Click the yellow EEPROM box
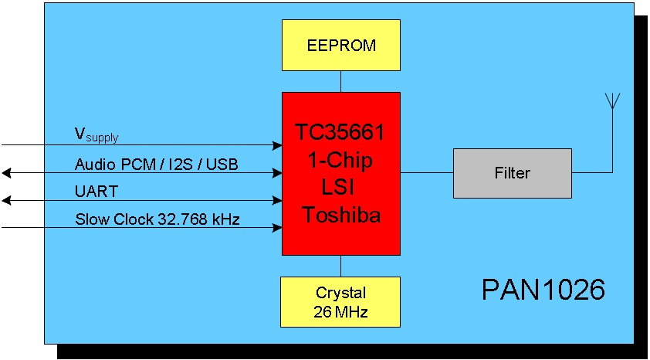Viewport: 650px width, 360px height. click(340, 45)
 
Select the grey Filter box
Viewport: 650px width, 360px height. click(512, 172)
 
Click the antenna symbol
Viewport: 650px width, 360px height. click(612, 102)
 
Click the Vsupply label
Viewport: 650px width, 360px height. click(96, 135)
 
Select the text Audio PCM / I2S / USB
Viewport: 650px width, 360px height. click(156, 164)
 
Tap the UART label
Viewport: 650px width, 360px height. click(96, 191)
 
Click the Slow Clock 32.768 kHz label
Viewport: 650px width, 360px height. click(157, 219)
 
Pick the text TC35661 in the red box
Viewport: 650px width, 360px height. click(340, 133)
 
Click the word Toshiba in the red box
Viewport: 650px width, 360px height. click(340, 215)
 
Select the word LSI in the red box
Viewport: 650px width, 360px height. click(340, 188)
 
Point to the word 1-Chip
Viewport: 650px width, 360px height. click(340, 160)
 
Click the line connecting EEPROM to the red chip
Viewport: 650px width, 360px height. click(340, 81)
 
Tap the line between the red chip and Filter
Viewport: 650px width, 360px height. click(426, 172)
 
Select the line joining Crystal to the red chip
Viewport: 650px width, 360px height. click(340, 265)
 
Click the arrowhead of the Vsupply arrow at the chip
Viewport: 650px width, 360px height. click(278, 144)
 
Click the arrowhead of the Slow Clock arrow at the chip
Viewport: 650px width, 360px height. click(278, 228)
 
